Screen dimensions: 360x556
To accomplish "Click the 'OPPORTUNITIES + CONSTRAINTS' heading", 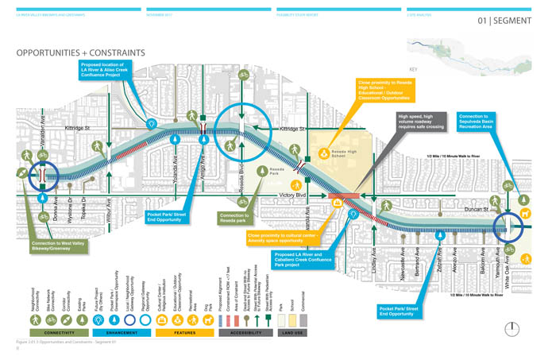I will [80, 53].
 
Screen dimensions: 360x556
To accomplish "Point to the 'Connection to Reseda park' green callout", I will [239, 217].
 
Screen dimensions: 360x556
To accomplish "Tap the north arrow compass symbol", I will [514, 328].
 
